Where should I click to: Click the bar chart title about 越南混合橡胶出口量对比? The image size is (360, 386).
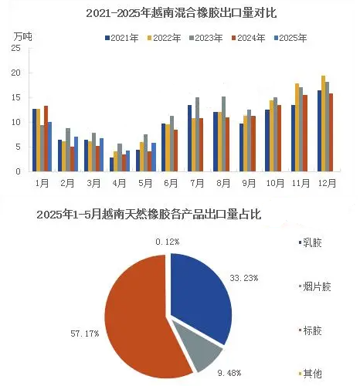coord(182,13)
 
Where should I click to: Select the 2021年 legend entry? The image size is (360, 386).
coord(122,38)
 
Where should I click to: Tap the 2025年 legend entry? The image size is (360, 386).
coord(290,38)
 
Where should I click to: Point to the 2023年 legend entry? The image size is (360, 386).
coord(206,38)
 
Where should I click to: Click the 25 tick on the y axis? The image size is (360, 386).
coord(15,48)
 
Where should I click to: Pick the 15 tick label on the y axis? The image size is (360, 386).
coord(15,97)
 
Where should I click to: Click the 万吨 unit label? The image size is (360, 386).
coord(22,37)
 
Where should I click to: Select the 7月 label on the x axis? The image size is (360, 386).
coord(197,183)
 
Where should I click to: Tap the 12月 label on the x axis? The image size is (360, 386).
coord(327,183)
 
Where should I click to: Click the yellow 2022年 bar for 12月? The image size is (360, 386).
coord(323,124)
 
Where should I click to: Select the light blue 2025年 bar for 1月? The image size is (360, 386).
coord(49,147)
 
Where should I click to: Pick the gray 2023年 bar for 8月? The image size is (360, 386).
coord(223,134)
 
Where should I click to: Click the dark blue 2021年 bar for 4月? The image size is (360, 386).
coord(111,164)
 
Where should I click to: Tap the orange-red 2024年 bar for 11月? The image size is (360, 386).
coord(305,134)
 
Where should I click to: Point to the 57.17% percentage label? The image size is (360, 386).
coord(85,334)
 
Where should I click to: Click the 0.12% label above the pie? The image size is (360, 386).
coord(168,242)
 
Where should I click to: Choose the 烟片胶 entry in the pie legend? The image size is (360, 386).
coord(315,286)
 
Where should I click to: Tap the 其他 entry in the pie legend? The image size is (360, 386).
coord(311,374)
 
